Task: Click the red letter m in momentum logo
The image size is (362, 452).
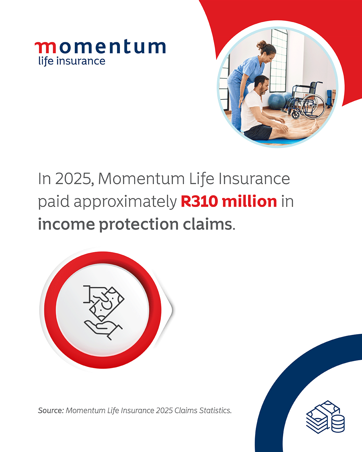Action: coord(46,48)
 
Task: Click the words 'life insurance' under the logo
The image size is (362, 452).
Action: coord(72,61)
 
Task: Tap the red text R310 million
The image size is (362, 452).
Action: coord(229,202)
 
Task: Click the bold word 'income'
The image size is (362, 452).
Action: coord(66,224)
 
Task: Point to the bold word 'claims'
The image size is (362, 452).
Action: coord(207,224)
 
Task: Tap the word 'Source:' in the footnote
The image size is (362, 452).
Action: coord(51,410)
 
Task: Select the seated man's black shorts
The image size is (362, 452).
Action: coord(258,132)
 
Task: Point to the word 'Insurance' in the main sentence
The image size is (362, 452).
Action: coord(254,179)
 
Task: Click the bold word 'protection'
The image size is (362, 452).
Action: coord(139,225)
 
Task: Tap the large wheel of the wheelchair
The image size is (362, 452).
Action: coord(313,106)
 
